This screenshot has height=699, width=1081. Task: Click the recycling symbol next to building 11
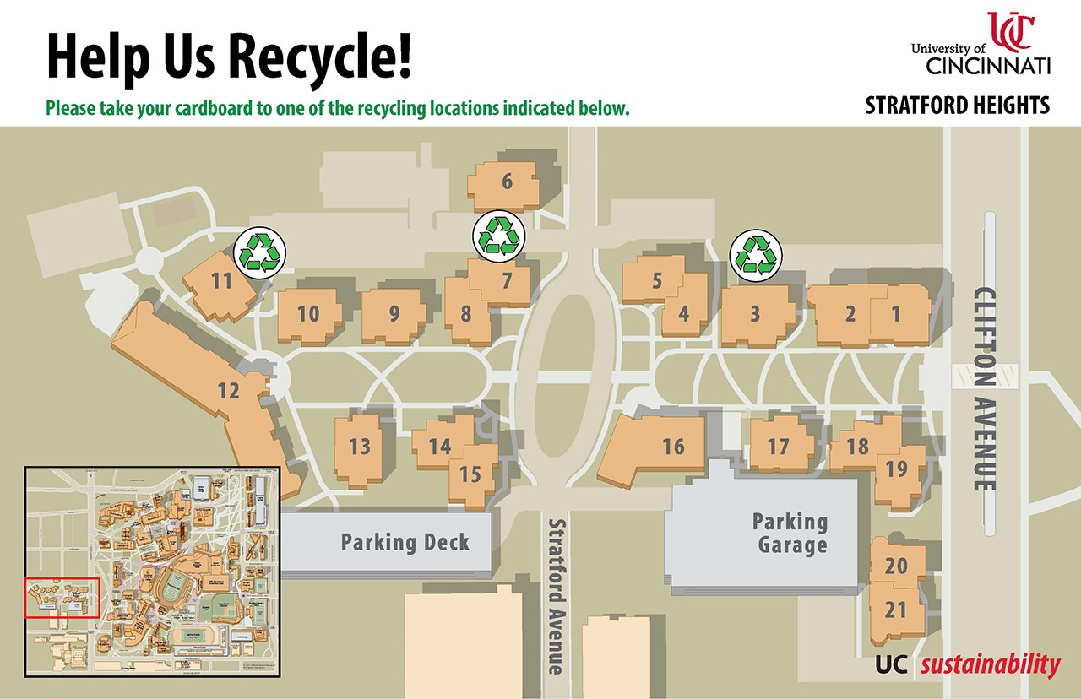(259, 252)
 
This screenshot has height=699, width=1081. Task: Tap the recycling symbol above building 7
(499, 236)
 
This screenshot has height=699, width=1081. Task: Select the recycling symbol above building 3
(756, 255)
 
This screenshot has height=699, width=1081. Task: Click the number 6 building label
(507, 182)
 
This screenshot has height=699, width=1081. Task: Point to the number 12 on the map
(228, 391)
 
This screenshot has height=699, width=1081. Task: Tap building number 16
(673, 446)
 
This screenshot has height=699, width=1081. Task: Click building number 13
(360, 446)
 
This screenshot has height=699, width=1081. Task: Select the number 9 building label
(394, 313)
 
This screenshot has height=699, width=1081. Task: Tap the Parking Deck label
(405, 542)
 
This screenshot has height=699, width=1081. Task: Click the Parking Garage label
(790, 533)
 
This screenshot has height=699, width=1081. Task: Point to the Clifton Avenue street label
(985, 389)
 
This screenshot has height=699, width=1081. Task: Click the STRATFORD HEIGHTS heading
(957, 106)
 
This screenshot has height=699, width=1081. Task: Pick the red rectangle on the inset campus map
(62, 597)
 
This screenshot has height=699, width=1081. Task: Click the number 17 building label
(778, 446)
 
